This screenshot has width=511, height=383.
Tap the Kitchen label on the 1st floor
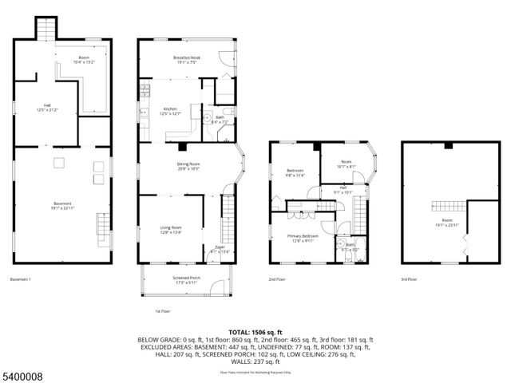click(x=170, y=111)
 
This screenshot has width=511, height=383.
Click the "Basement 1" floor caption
click(x=20, y=279)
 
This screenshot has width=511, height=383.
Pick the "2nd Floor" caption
click(x=277, y=279)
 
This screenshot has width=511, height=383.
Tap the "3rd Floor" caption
click(x=409, y=279)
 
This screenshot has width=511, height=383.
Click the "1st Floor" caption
click(x=162, y=310)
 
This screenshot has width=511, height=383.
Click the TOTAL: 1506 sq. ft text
click(x=255, y=331)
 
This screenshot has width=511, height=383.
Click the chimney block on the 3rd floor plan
click(x=449, y=145)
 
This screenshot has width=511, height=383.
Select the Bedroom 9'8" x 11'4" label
click(x=295, y=172)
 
